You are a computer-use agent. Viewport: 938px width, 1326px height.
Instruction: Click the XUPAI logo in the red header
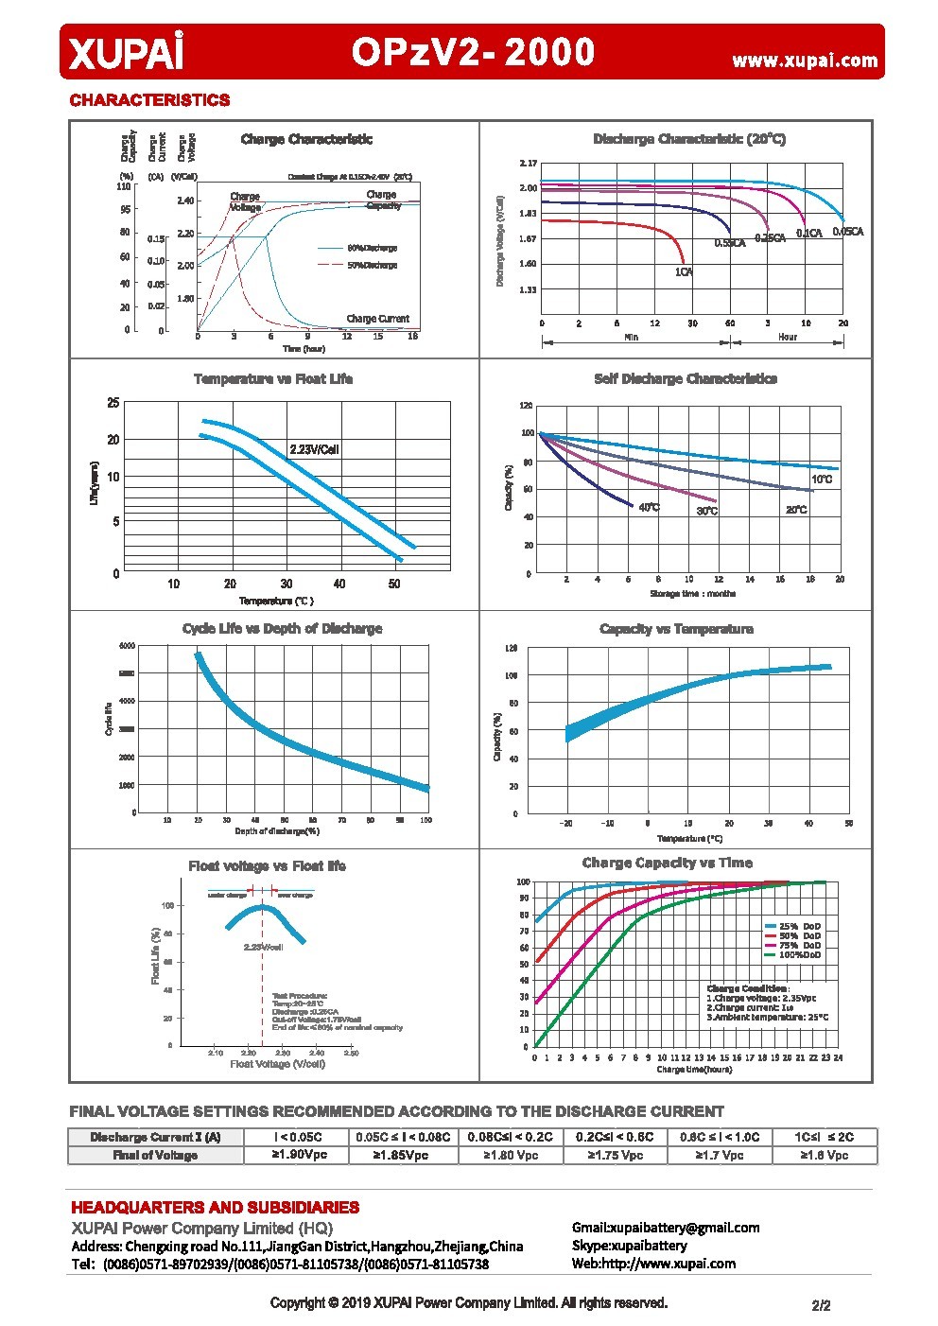[x=125, y=53]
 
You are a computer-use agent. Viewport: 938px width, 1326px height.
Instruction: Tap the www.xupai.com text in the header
[x=805, y=61]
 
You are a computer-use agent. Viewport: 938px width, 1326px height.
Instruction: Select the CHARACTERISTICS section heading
[x=149, y=100]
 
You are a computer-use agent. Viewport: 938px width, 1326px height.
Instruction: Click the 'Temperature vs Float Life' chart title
[x=273, y=379]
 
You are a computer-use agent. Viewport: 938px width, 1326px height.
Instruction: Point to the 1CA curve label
[x=684, y=272]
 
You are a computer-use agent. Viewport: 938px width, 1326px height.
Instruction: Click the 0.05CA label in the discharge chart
[x=847, y=232]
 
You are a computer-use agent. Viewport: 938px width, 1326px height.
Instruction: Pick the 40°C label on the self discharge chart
[x=649, y=508]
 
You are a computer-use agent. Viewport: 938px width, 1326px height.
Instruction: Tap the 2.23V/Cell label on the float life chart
[x=314, y=449]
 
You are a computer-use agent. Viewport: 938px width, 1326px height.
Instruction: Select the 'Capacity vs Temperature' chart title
[x=676, y=629]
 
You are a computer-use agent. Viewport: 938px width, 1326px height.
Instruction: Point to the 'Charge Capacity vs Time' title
[x=667, y=863]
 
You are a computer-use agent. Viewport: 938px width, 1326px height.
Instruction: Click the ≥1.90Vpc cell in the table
[x=299, y=1155]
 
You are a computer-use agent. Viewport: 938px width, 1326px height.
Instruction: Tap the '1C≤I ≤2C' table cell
[x=824, y=1137]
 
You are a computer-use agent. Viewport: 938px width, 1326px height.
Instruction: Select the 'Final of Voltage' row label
[x=155, y=1155]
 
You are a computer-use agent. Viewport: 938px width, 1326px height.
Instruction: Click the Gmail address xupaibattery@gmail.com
[x=666, y=1228]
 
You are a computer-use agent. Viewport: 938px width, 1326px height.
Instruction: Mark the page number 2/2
[x=821, y=1306]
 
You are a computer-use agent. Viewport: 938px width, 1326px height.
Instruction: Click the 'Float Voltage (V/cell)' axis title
[x=277, y=1064]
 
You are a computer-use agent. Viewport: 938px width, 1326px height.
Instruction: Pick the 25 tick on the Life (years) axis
[x=113, y=403]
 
